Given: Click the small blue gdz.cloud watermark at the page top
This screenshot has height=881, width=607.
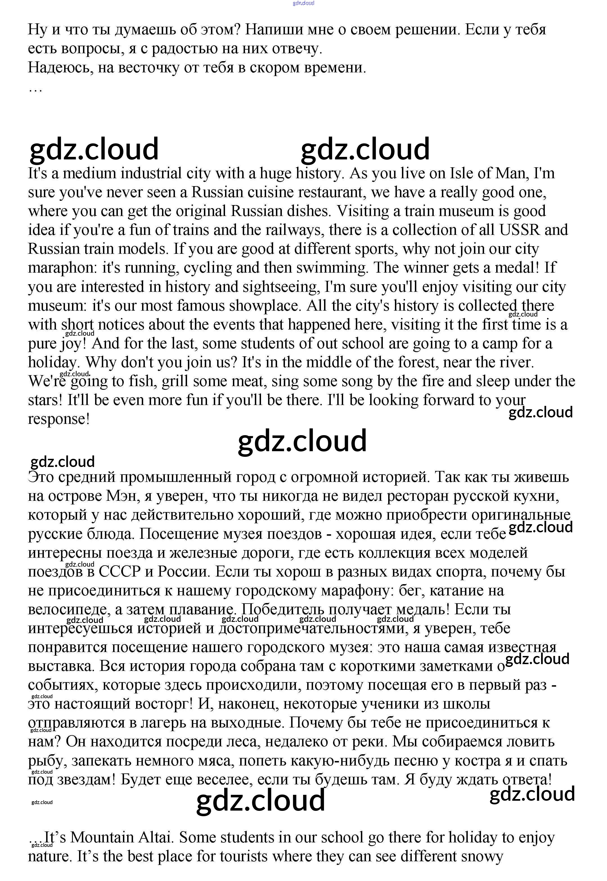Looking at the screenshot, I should [303, 3].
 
